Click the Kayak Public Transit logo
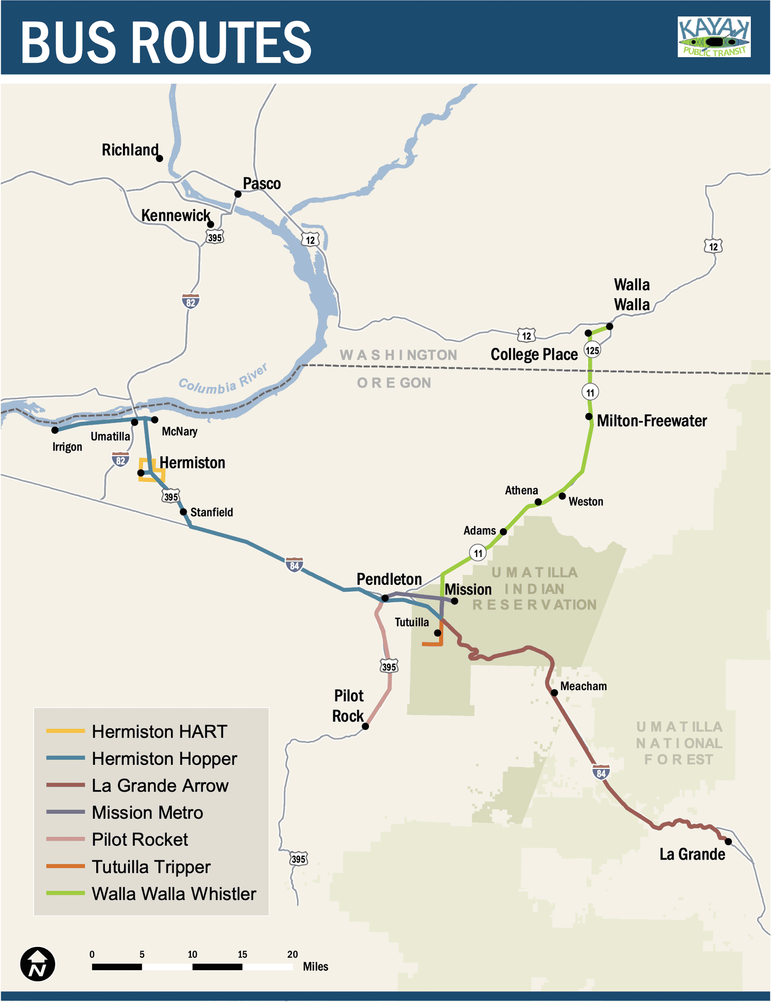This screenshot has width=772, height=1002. point(714,37)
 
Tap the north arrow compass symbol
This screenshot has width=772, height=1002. point(38,964)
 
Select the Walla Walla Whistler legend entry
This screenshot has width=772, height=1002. point(173,894)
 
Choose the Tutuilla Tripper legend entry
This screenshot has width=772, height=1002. point(151,867)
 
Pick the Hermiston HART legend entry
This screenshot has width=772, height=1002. point(159,731)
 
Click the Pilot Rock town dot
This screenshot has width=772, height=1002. point(365,726)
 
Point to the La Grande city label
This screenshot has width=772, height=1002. point(692,854)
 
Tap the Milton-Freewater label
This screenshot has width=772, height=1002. point(652,421)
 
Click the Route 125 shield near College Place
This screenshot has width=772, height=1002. point(592,351)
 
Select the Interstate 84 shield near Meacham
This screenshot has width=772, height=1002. point(601,773)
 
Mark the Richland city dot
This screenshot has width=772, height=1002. point(160,158)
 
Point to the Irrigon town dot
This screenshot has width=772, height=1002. point(55,430)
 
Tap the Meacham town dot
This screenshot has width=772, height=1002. point(554,692)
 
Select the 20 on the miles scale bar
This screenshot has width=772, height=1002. point(292,954)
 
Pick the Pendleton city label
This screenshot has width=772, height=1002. point(389,579)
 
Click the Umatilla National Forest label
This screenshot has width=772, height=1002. point(679,743)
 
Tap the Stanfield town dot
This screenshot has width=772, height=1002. point(183,512)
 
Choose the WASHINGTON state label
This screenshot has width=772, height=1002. point(398,355)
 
